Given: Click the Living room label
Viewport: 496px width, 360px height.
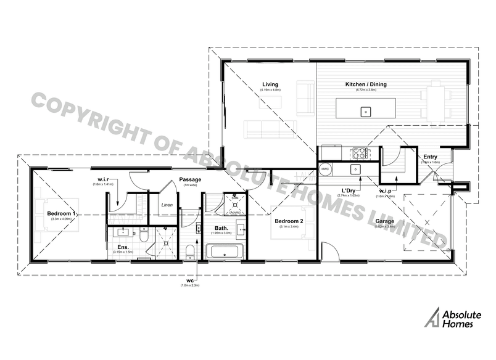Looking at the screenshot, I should [270, 84].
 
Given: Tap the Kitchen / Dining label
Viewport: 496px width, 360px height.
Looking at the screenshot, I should [366, 84].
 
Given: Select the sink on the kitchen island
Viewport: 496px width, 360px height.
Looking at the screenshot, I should [365, 112].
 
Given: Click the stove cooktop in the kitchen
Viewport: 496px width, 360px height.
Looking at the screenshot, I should [359, 152].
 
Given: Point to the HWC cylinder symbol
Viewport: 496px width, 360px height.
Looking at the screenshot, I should [325, 168].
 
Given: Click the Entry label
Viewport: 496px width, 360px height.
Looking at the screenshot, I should [430, 157].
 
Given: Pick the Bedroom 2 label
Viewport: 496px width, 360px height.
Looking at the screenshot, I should [288, 221].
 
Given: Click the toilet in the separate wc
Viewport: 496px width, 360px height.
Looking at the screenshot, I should [189, 250].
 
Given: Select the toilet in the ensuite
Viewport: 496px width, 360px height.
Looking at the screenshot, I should [143, 234].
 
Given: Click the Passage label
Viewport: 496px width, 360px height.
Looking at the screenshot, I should [188, 180].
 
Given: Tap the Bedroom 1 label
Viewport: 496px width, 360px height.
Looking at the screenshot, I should [62, 213].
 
